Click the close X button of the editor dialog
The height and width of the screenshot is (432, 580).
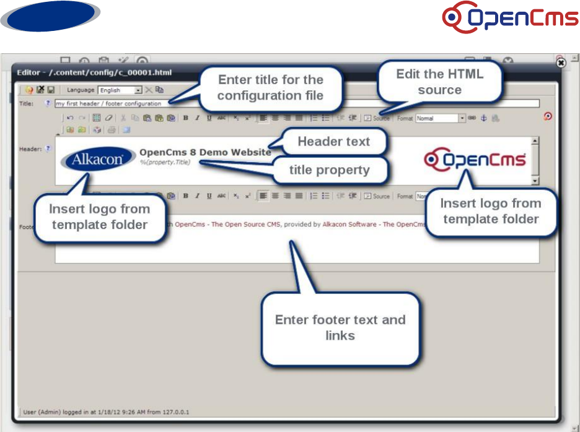(x=561, y=63)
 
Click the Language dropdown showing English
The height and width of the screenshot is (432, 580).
(x=120, y=90)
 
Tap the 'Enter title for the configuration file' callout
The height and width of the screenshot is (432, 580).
(x=270, y=87)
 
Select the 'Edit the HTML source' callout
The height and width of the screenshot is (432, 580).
(x=439, y=82)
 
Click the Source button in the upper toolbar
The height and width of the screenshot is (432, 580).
(x=377, y=118)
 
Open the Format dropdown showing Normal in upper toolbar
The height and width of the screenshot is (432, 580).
(x=441, y=118)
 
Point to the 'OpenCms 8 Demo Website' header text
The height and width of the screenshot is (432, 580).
(x=205, y=152)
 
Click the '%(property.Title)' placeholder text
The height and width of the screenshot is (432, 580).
(x=164, y=162)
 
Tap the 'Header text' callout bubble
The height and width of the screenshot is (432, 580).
(x=333, y=142)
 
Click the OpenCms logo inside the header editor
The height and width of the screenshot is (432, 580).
(x=475, y=160)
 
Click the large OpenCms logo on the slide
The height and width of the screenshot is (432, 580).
(x=510, y=18)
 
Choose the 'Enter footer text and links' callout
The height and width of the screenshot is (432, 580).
(x=340, y=327)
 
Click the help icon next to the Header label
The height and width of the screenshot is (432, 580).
(x=48, y=149)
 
